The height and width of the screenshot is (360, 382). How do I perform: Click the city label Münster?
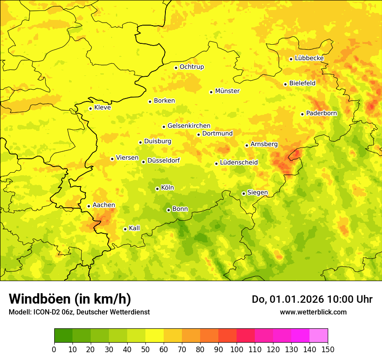[227, 91]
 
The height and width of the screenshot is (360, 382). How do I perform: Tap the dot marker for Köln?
[157, 189]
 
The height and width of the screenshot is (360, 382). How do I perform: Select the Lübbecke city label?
[309, 58]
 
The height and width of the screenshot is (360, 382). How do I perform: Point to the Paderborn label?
[321, 113]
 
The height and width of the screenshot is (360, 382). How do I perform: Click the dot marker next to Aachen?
[89, 206]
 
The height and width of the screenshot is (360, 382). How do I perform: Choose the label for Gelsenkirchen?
[189, 126]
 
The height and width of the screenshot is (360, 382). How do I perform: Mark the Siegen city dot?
[244, 193]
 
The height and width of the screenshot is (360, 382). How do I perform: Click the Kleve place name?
[102, 108]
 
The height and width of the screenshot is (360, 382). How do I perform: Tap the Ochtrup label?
[191, 67]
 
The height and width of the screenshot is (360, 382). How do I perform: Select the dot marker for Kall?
[125, 229]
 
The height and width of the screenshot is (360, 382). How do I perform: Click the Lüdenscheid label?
[239, 163]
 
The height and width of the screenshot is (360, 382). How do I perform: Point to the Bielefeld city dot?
[285, 84]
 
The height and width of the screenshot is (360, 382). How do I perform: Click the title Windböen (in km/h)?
[69, 299]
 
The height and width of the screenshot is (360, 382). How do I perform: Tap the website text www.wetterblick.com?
[313, 312]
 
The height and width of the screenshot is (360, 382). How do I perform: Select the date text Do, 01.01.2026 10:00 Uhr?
[312, 299]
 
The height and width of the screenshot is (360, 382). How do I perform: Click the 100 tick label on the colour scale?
[237, 349]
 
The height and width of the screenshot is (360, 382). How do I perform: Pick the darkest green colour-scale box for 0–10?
[63, 336]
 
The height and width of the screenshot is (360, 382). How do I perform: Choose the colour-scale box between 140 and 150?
[319, 336]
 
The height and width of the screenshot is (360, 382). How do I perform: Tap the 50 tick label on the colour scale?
[145, 349]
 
